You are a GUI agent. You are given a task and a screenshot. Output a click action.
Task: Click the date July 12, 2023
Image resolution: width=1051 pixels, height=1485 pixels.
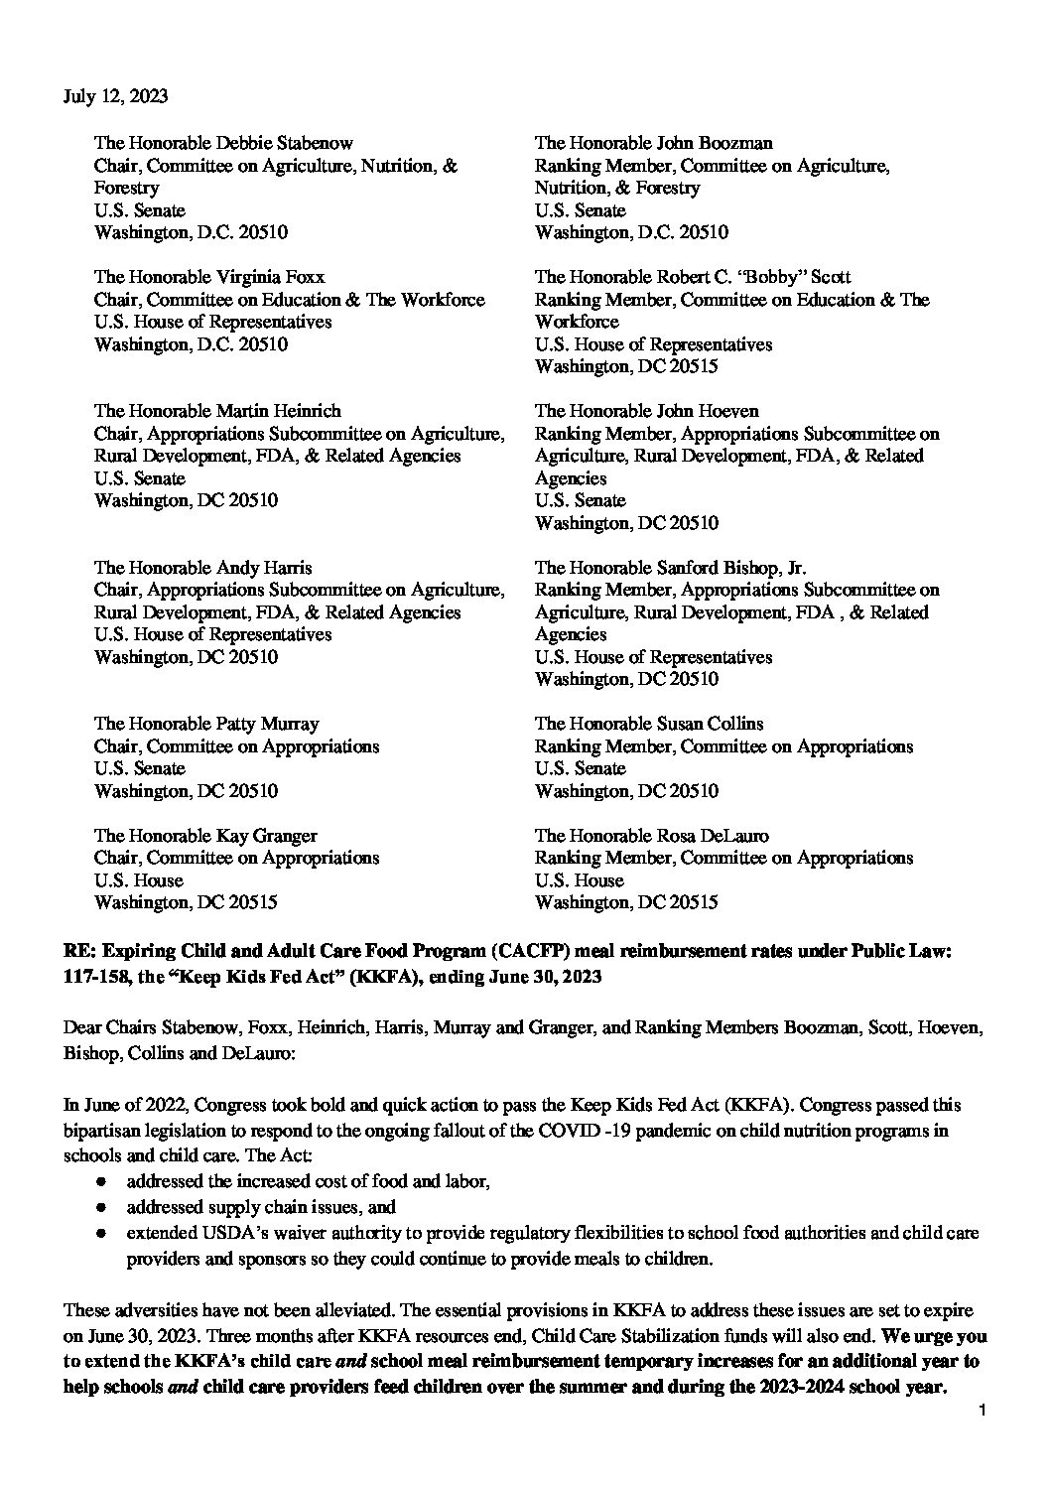coord(115,96)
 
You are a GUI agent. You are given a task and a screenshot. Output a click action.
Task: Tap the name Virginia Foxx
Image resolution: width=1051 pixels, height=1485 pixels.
coord(270,277)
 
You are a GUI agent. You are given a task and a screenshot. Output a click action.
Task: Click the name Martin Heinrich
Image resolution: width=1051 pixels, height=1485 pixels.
coord(278,411)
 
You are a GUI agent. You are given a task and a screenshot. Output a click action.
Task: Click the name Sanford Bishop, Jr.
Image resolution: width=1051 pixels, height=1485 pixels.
coord(731,568)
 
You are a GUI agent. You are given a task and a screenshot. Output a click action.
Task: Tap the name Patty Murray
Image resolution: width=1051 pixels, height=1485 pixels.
coord(267,724)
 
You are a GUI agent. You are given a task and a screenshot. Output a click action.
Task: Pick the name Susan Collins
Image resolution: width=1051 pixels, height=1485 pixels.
coord(711,724)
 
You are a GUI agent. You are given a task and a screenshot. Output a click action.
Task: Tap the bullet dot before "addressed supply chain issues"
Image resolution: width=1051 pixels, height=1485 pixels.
coord(100,1208)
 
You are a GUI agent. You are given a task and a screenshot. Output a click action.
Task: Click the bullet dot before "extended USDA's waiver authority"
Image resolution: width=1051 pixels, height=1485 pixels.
coord(100,1234)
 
